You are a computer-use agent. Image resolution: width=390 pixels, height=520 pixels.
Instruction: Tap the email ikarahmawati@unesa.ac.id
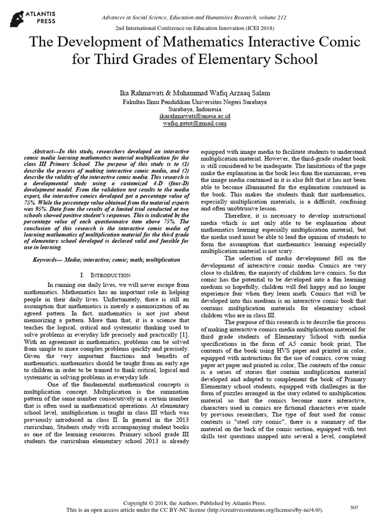195,116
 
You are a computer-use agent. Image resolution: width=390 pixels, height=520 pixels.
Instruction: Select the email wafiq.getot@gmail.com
195,123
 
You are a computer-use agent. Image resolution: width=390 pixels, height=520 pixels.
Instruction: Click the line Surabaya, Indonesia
195,109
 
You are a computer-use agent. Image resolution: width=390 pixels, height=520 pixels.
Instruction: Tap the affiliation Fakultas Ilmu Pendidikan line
195,102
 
